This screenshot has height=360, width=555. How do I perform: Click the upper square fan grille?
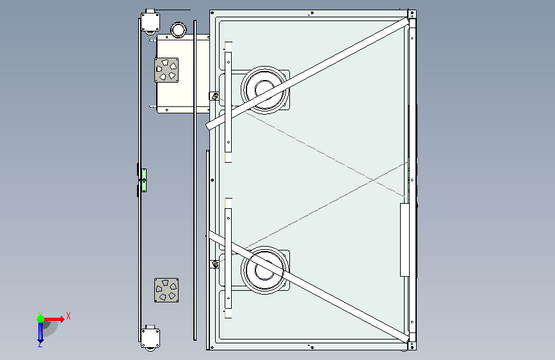166,70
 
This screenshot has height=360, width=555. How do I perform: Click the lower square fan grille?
166,290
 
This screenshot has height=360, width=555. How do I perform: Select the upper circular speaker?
264,90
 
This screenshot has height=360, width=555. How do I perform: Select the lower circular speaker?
264,270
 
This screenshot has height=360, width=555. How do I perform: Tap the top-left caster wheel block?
150,22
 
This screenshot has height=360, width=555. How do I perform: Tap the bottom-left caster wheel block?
150,338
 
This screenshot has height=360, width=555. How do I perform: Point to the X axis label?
68,316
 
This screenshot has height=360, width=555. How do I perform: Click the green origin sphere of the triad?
41,319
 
